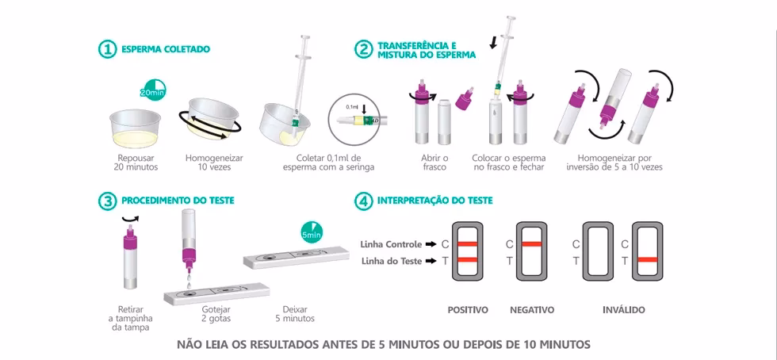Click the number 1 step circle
click(x=107, y=49)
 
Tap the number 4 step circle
click(x=363, y=201)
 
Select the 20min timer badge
click(x=152, y=90)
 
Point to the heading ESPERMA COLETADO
click(x=166, y=50)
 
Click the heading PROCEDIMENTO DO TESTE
click(x=178, y=201)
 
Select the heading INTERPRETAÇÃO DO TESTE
click(x=435, y=201)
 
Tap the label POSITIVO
click(x=468, y=310)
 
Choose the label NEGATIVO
click(x=532, y=310)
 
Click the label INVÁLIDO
click(x=624, y=310)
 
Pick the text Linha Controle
click(x=392, y=244)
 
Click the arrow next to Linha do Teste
click(x=431, y=261)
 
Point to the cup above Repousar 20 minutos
click(x=135, y=128)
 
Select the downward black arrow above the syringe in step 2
click(x=493, y=43)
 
